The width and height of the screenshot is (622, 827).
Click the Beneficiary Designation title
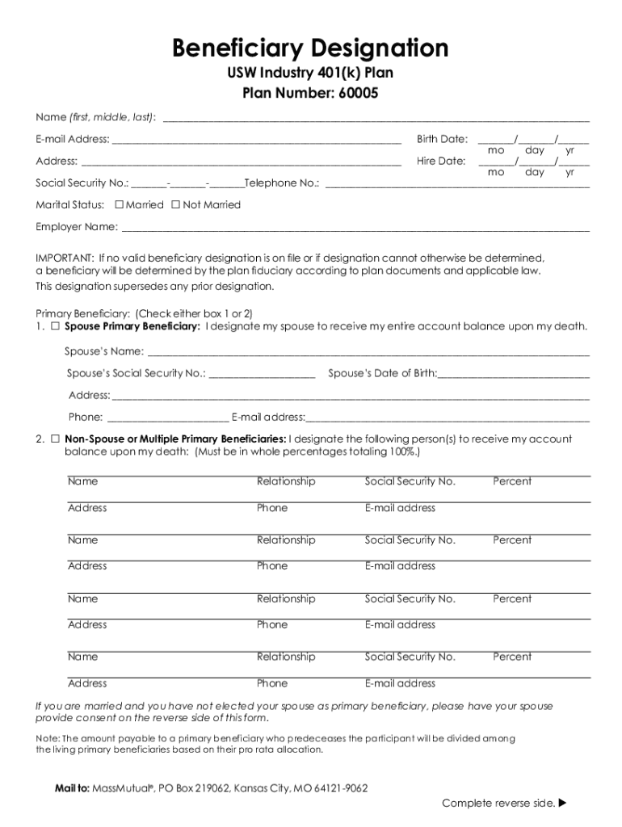tap(310, 48)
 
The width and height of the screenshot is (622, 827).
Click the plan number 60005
tap(355, 94)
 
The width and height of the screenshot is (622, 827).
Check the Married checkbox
tap(120, 205)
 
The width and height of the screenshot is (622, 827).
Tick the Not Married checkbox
tap(175, 205)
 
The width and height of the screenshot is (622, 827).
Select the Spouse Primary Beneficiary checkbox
tap(56, 326)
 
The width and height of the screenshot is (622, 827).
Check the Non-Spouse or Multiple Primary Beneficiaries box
tap(56, 439)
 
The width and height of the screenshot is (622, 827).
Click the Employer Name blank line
tap(355, 229)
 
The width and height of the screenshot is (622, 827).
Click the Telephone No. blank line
tap(456, 185)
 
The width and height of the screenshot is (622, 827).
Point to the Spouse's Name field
tap(368, 354)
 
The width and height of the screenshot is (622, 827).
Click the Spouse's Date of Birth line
tap(514, 376)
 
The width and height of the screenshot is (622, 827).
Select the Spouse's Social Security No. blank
tap(262, 376)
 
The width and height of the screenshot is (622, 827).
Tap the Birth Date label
tap(442, 139)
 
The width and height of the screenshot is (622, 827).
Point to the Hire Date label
tap(441, 161)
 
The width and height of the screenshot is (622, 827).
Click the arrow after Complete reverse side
tap(563, 804)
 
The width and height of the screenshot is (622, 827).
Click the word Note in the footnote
tap(47, 738)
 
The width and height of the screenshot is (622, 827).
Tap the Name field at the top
tap(376, 119)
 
